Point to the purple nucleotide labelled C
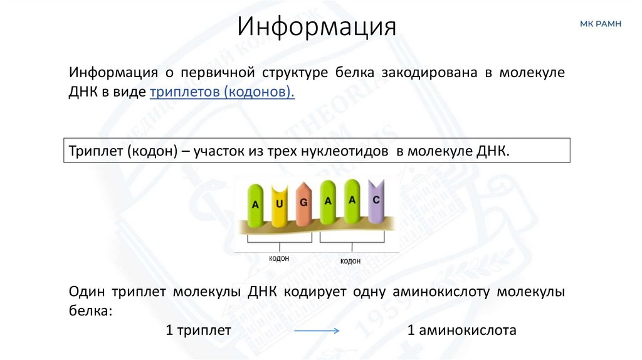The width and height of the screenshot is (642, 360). (x=376, y=200)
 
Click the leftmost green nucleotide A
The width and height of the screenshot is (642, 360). (x=255, y=204)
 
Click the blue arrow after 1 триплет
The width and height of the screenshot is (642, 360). (x=317, y=331)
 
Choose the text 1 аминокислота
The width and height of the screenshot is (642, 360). (x=462, y=330)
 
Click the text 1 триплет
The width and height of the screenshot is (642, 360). (x=199, y=330)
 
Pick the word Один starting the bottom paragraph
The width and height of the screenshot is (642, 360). (x=87, y=292)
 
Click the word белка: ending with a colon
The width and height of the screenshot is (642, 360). (x=90, y=310)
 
